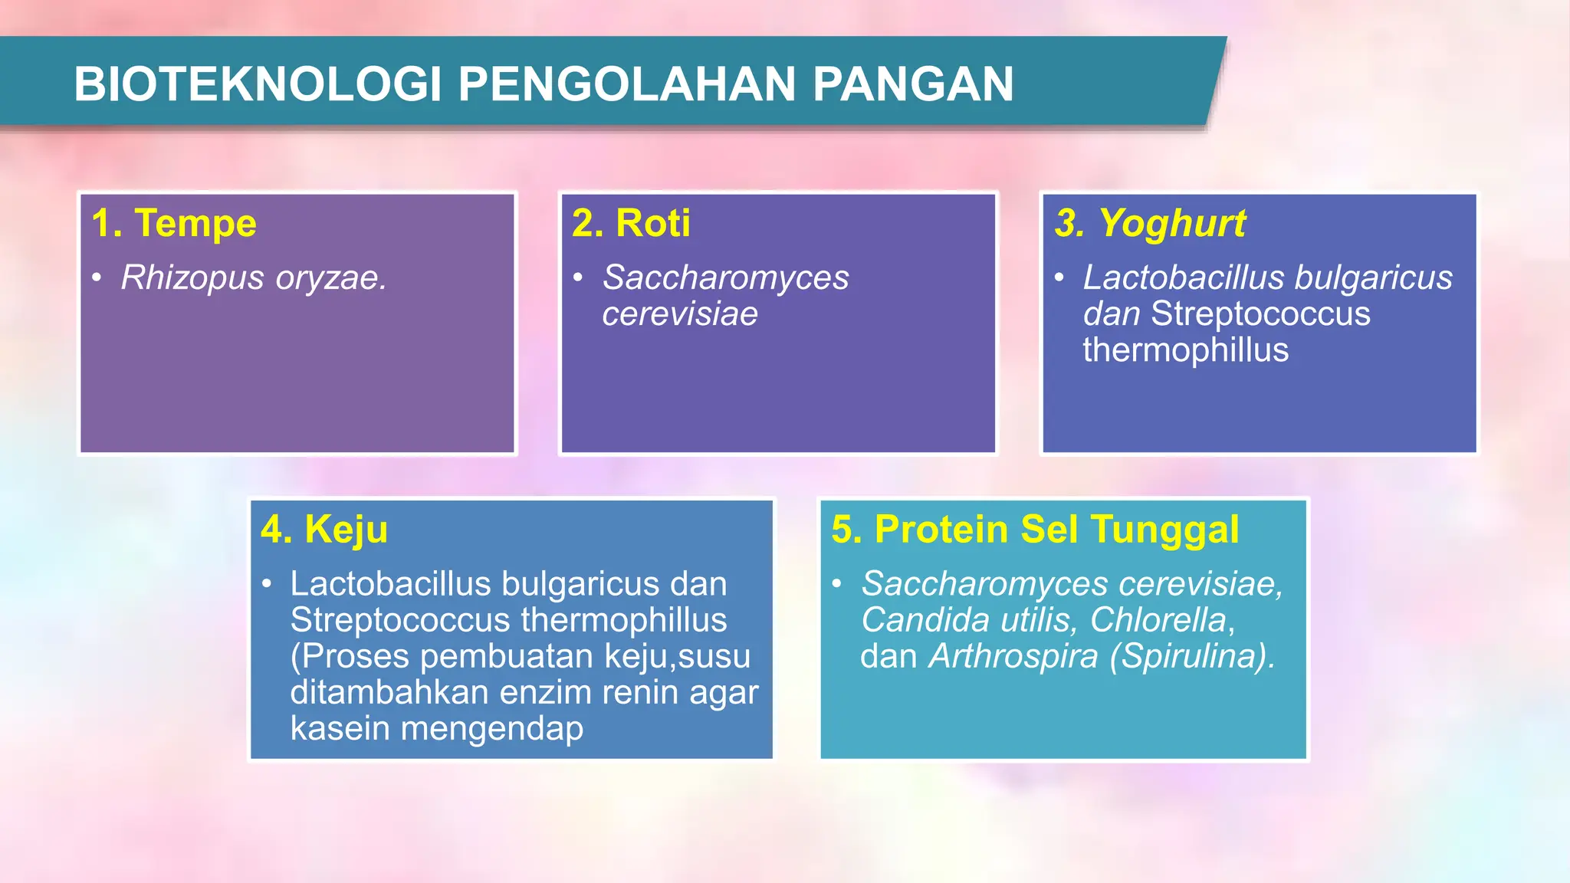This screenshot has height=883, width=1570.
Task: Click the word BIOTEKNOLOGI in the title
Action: click(258, 84)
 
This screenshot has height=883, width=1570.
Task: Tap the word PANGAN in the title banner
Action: click(912, 84)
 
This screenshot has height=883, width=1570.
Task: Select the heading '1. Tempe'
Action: click(174, 224)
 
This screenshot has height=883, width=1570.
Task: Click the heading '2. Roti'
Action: click(631, 224)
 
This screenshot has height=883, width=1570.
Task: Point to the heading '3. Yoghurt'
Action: click(1150, 224)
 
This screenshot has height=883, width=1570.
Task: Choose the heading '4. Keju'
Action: click(324, 530)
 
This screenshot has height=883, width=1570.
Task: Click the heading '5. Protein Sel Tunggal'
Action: click(1035, 530)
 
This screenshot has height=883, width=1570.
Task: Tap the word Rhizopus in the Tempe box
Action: click(192, 278)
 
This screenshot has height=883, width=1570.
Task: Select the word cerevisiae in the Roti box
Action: click(679, 314)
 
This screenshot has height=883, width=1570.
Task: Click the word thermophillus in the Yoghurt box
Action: click(1185, 350)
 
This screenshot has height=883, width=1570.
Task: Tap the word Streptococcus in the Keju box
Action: click(399, 620)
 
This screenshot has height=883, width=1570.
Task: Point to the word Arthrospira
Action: click(1013, 656)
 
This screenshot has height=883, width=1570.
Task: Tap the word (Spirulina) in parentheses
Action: click(1192, 656)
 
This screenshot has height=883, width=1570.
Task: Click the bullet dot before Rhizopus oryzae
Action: click(97, 277)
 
